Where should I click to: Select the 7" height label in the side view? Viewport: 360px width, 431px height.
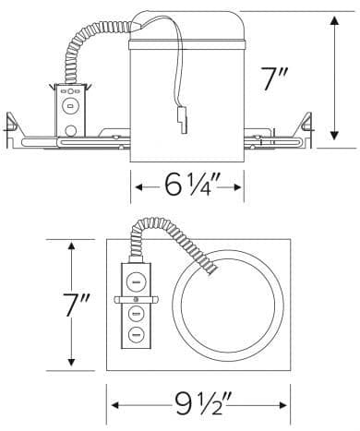[276, 80]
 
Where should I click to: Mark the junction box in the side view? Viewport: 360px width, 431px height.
[70, 108]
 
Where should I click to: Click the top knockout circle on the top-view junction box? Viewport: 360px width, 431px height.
[135, 278]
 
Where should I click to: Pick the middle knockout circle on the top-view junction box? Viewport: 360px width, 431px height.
[135, 317]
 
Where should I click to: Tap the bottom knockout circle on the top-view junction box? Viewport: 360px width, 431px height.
[135, 335]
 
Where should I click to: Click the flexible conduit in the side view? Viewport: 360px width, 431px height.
[93, 52]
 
